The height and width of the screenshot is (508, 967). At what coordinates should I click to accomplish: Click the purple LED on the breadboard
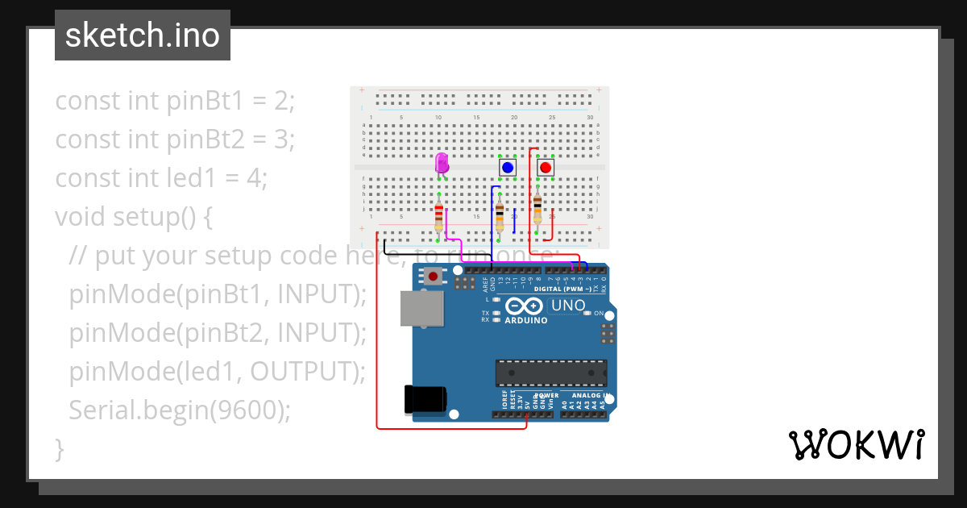441,164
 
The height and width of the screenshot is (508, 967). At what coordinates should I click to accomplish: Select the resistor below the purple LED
439,216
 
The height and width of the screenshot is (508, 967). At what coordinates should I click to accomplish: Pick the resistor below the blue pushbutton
500,216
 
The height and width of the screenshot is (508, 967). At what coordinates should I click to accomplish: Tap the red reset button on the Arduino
434,277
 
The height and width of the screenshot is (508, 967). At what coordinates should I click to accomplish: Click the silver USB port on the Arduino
421,308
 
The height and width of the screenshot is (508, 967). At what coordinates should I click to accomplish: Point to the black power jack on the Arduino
424,399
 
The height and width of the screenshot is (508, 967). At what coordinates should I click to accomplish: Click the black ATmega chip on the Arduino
550,373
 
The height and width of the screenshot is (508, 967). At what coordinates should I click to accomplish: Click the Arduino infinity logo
525,306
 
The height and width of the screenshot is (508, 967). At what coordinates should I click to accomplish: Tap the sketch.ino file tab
142,35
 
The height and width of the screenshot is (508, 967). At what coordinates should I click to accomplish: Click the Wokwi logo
855,444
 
